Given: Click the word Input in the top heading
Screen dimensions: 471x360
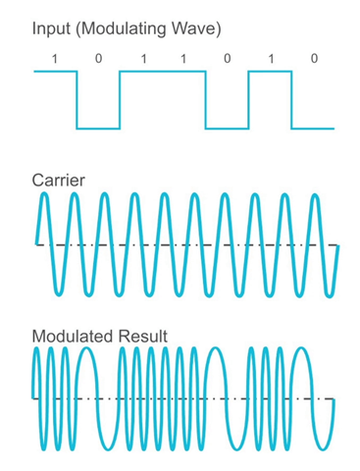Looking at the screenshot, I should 49,28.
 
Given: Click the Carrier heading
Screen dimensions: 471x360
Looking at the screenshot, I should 59,180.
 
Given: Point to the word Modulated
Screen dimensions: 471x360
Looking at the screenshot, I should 75,337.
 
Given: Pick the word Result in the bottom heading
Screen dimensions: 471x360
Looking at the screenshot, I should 143,337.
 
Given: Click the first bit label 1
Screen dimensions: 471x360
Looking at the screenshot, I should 55,59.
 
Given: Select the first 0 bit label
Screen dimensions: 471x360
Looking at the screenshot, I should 98,59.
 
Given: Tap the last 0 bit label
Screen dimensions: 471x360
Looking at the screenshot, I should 314,59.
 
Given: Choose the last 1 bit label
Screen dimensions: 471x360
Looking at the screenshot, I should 270,59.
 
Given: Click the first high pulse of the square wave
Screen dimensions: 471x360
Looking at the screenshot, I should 56,72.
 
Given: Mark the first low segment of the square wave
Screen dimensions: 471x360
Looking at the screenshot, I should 98,128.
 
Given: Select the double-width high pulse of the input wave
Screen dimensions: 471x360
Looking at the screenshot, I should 163,72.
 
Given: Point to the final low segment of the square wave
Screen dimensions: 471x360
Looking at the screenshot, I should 313,128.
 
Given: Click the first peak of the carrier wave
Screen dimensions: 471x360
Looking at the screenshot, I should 45,196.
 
